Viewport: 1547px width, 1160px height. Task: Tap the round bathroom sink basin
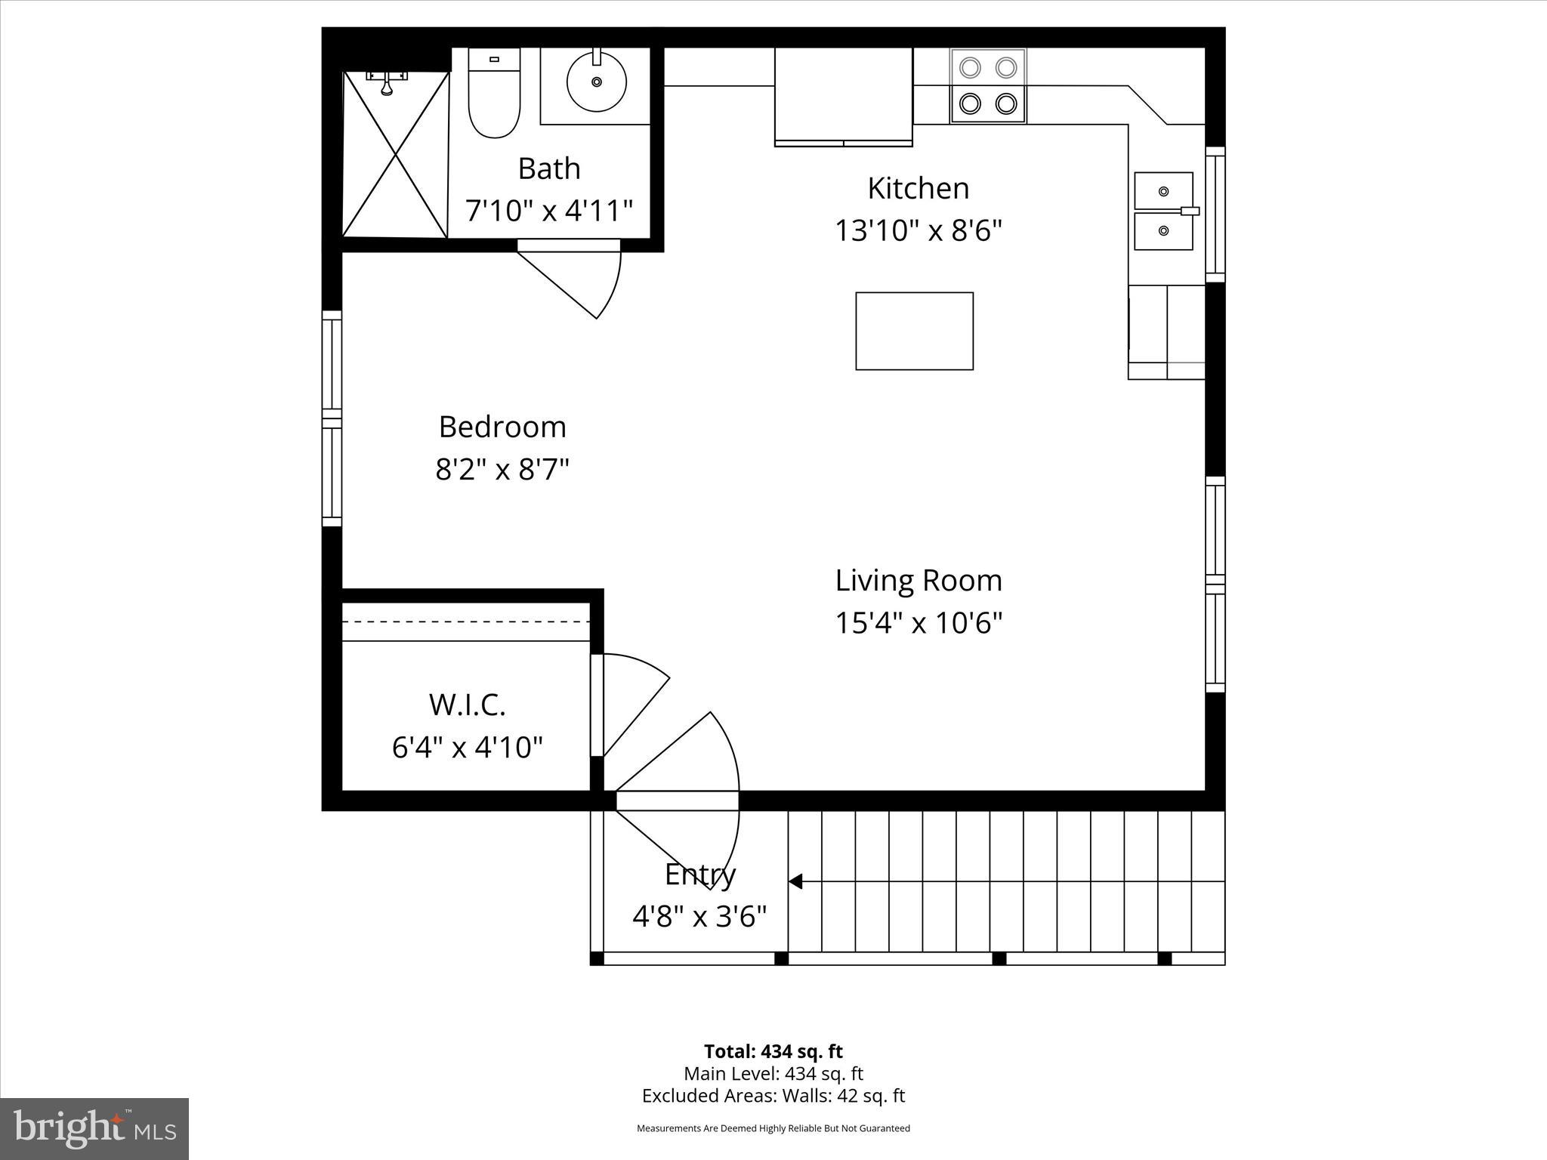596,81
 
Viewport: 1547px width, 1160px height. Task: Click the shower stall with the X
396,155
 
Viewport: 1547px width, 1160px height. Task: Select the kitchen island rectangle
914,331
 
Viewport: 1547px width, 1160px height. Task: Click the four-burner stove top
988,85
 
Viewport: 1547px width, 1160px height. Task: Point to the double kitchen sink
1163,211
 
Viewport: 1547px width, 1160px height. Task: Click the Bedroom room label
502,427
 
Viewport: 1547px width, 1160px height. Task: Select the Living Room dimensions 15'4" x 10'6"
919,623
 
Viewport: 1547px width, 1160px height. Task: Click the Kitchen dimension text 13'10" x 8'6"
918,230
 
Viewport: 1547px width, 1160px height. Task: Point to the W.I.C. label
467,705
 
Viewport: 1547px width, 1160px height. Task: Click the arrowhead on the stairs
795,881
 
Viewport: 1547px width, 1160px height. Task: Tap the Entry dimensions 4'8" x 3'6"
699,917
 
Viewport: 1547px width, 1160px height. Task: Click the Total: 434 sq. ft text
773,1051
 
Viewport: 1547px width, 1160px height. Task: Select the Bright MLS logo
94,1129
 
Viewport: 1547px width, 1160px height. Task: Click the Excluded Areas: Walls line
773,1096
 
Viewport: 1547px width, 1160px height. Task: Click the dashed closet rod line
466,622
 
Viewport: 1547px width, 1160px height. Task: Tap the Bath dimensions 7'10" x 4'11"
549,210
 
